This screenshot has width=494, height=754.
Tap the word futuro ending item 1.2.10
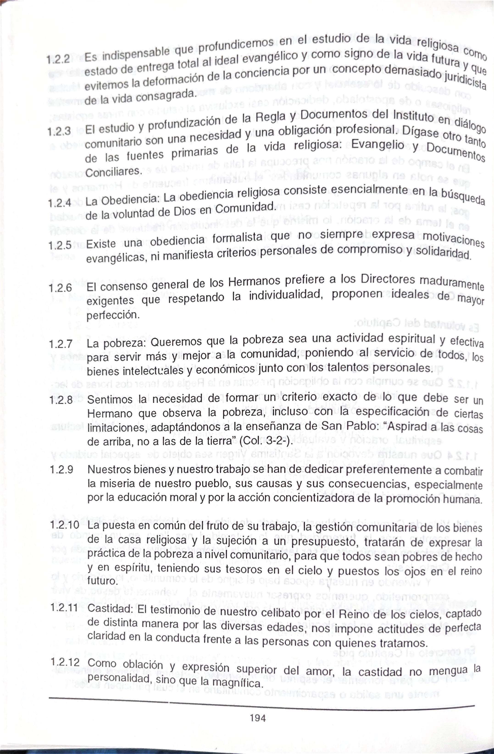tap(102, 581)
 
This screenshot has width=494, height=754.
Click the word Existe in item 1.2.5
tap(101, 244)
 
